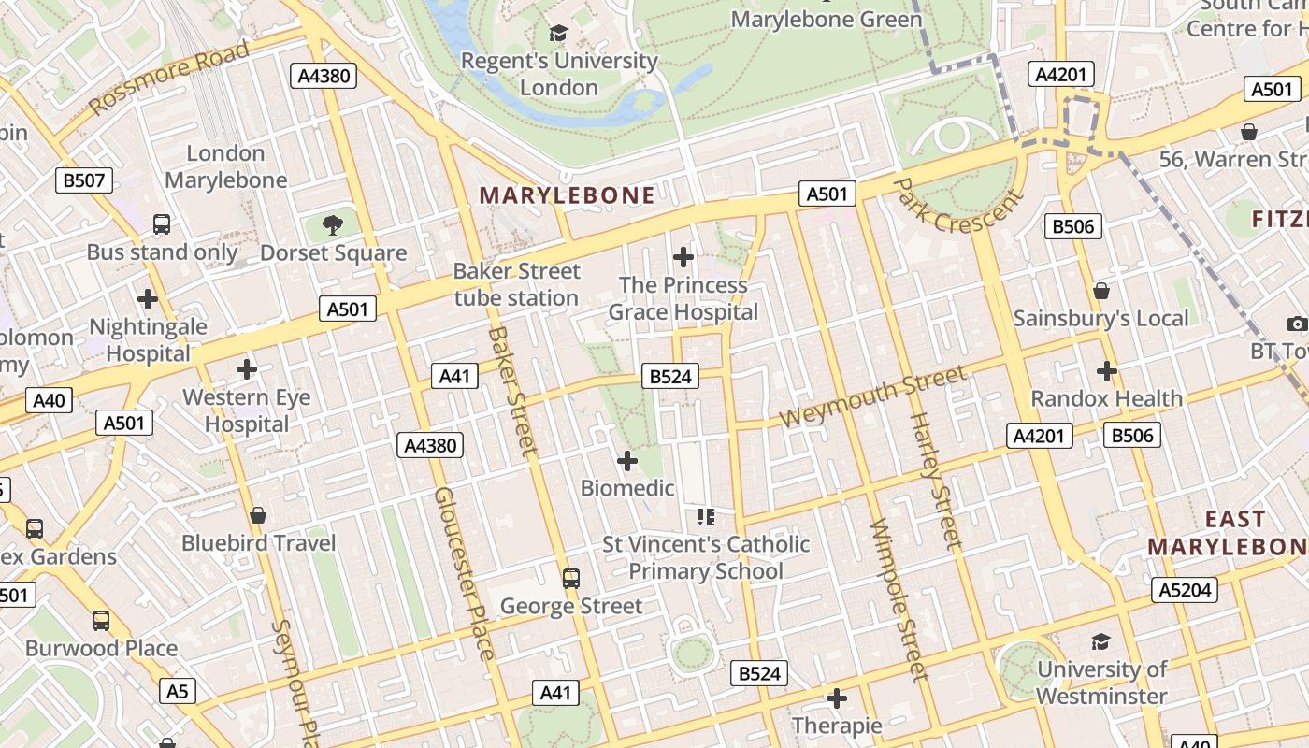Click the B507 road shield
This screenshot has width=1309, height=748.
(84, 180)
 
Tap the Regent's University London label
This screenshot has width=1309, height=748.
(559, 74)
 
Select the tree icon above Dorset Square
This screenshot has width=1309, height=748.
(332, 224)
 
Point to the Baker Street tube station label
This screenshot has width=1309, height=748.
(516, 284)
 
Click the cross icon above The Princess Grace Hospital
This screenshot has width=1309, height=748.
(683, 256)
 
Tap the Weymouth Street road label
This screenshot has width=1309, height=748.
(872, 396)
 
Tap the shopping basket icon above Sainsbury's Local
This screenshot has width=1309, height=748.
(1101, 291)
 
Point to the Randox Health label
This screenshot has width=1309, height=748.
(1106, 398)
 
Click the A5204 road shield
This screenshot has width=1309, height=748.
(1185, 589)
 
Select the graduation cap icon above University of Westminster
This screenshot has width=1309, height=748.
(1100, 642)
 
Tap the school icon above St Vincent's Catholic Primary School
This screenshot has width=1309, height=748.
(706, 516)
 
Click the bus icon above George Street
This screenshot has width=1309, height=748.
(571, 579)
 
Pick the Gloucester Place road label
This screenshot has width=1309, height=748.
(464, 572)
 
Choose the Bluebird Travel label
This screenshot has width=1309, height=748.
(258, 542)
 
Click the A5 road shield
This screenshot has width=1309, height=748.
(178, 692)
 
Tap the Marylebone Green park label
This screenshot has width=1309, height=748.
(826, 19)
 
